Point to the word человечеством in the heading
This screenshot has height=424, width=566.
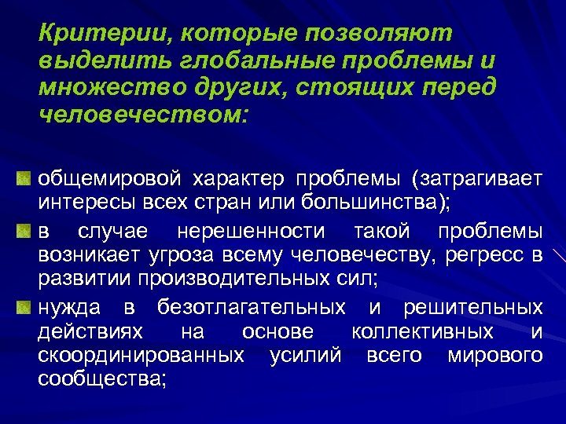[x=141, y=115]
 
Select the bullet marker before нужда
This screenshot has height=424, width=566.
[x=24, y=306]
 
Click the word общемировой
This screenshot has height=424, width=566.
[x=115, y=179]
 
